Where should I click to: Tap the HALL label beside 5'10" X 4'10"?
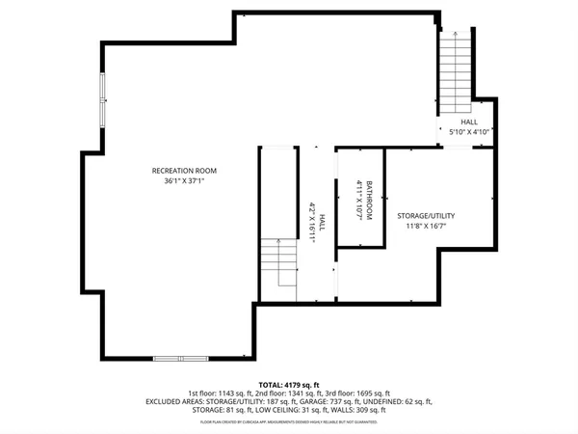pyautogui.click(x=469, y=122)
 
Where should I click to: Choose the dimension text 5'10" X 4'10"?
pyautogui.click(x=469, y=132)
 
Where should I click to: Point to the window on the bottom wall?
pyautogui.click(x=180, y=358)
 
